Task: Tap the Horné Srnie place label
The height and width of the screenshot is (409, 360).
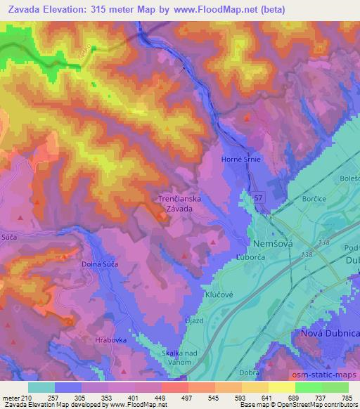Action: pyautogui.click(x=241, y=160)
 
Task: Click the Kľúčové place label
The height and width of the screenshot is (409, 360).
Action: pyautogui.click(x=217, y=295)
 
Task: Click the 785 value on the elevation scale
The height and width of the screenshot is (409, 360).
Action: pyautogui.click(x=345, y=397)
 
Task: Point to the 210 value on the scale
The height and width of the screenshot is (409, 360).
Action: pyautogui.click(x=28, y=397)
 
